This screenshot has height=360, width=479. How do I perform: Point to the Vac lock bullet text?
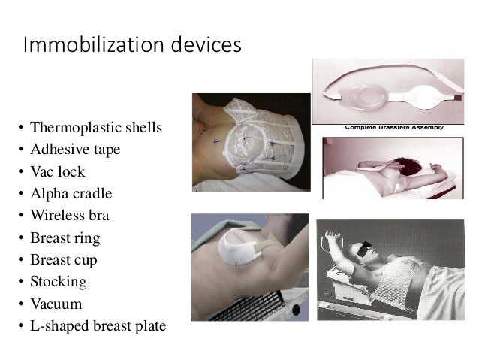click(59, 171)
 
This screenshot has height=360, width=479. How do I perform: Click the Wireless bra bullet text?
click(70, 216)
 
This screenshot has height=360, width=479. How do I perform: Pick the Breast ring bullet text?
click(65, 238)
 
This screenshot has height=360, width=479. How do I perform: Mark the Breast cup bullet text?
click(65, 260)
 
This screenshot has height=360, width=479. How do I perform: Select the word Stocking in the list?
click(59, 283)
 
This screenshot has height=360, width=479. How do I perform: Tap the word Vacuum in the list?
click(56, 304)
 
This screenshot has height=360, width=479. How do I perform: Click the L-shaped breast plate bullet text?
click(98, 327)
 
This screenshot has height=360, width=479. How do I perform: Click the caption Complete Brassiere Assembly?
click(393, 128)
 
